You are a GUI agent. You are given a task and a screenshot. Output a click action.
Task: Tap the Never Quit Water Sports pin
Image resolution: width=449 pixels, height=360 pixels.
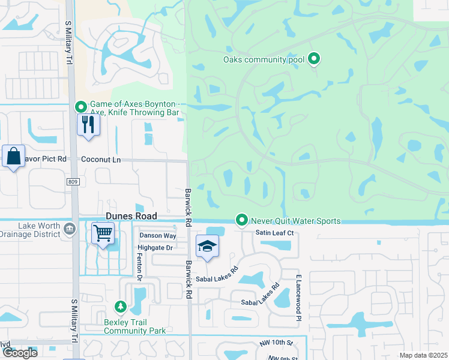242,221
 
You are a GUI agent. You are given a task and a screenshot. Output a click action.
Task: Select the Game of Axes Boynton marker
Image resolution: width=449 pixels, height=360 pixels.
81,107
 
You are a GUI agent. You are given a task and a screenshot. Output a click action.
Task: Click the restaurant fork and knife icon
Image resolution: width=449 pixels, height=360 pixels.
88,125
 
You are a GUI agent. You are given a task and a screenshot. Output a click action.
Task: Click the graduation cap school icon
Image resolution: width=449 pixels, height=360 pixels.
207,247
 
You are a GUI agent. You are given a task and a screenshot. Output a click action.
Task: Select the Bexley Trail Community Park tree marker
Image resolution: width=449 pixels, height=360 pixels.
121,307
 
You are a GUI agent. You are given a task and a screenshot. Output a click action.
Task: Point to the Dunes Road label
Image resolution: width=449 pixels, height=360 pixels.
131,216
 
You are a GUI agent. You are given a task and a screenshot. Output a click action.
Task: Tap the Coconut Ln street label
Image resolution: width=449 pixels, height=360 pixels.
101,160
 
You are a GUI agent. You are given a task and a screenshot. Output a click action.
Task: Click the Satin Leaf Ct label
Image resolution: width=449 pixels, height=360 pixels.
273,233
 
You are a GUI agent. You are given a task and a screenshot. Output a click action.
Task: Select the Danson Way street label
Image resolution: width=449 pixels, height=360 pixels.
157,236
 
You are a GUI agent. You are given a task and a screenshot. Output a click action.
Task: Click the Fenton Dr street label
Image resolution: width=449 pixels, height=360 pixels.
139,266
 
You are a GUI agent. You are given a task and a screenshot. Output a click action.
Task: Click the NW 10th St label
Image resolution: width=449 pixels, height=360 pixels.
276,343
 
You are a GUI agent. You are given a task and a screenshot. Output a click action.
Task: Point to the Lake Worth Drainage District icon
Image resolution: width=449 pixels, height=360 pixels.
69,228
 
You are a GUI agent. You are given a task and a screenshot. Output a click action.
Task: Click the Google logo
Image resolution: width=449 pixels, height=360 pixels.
19,353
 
